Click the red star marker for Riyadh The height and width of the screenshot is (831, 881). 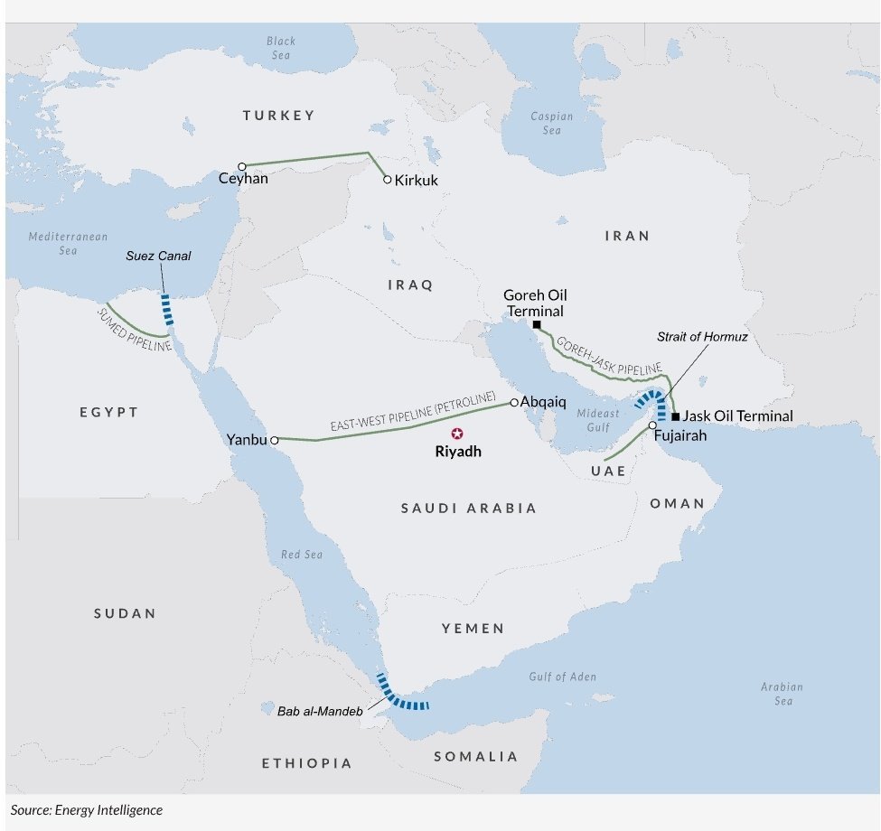pos(457,434)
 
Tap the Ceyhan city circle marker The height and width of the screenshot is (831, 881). pos(242,166)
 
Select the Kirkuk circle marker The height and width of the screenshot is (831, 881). pos(388,180)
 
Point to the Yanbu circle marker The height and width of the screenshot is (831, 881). pos(274,440)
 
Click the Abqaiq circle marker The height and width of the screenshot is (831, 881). pos(514,403)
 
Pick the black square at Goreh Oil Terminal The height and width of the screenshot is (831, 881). pos(537,324)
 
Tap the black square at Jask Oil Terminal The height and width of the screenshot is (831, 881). pos(675,416)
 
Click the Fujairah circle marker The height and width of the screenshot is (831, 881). pos(651,425)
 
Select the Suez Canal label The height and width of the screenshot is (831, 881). pos(158,257)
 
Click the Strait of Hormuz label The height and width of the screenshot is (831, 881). pos(702,337)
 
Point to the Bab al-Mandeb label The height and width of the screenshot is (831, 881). pos(321,712)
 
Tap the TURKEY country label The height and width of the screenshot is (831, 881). pos(278,116)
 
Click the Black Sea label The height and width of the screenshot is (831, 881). pos(281,48)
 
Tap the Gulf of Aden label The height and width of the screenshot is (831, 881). pos(562,677)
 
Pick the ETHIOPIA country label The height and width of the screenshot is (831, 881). pos(307,763)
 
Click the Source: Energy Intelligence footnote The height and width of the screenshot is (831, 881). pos(87,810)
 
